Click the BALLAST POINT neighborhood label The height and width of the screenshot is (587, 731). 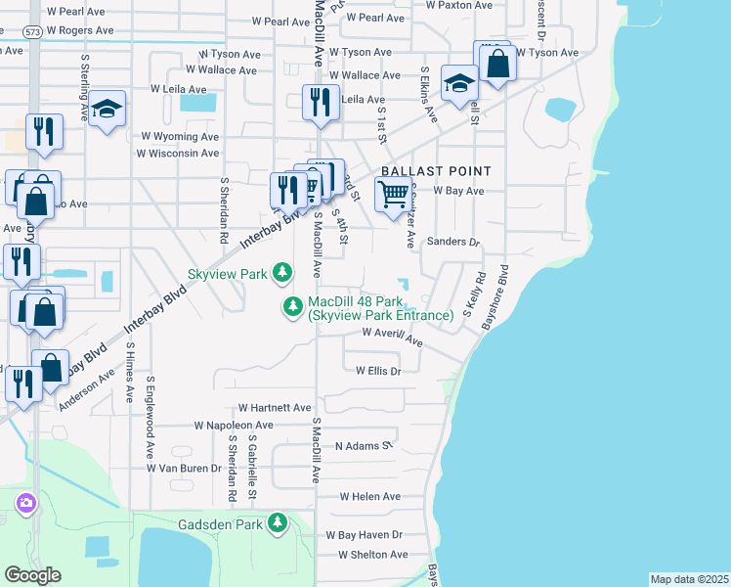pyautogui.click(x=435, y=170)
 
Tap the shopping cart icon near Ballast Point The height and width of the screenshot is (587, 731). pyautogui.click(x=392, y=194)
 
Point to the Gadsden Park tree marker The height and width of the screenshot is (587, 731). pyautogui.click(x=279, y=523)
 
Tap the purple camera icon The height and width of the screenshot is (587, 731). pyautogui.click(x=25, y=504)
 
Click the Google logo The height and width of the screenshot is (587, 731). pyautogui.click(x=32, y=575)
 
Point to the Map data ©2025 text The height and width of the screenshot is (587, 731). pyautogui.click(x=689, y=579)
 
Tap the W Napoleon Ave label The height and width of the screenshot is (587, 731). pyautogui.click(x=234, y=426)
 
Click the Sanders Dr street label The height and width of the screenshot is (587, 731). pyautogui.click(x=454, y=242)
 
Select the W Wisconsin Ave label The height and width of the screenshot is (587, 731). pyautogui.click(x=178, y=154)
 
